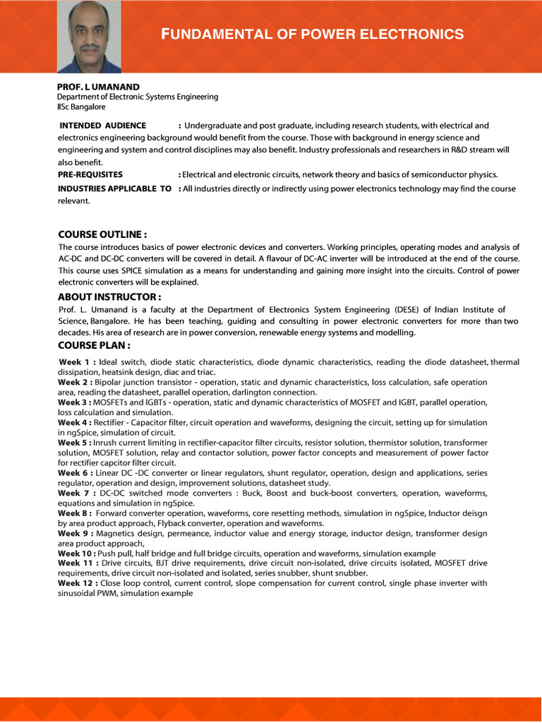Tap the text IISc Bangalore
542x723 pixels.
pyautogui.click(x=81, y=107)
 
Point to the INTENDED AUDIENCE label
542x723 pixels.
pyautogui.click(x=103, y=126)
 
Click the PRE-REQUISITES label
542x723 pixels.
pyautogui.click(x=90, y=174)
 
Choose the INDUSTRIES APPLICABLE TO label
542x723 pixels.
pyautogui.click(x=115, y=189)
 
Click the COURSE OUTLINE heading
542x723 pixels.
pyautogui.click(x=102, y=234)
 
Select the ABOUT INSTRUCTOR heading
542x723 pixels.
pyautogui.click(x=109, y=297)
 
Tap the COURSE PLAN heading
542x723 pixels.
pyautogui.click(x=94, y=345)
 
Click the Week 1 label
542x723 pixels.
pyautogui.click(x=77, y=362)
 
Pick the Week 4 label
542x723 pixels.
pyautogui.click(x=76, y=422)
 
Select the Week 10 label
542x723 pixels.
pyautogui.click(x=77, y=554)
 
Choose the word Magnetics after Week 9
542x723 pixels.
pyautogui.click(x=116, y=534)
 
